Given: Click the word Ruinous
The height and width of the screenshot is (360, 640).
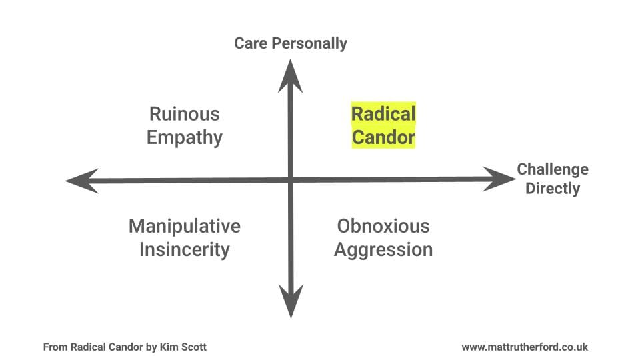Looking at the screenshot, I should tap(184, 114).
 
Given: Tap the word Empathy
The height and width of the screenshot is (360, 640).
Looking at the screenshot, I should tap(184, 138).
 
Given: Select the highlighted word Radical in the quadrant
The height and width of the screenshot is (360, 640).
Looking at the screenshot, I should tap(383, 114).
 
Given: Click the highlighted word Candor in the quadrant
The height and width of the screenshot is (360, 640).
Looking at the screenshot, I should tap(383, 138).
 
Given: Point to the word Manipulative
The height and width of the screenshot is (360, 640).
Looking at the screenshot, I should tap(184, 226).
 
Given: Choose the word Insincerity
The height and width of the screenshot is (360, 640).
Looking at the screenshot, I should tap(184, 250).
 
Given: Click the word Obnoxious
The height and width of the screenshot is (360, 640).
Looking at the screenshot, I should tap(383, 226).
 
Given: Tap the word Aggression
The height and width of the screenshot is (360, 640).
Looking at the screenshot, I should tap(383, 250).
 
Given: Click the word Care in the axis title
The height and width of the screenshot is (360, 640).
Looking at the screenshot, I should tap(251, 44).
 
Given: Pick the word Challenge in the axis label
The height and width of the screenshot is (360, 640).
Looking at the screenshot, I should tap(553, 169).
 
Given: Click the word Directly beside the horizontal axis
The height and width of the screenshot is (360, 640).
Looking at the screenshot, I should tap(553, 189).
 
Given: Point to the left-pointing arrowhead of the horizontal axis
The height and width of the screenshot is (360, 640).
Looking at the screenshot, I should tap(81, 181).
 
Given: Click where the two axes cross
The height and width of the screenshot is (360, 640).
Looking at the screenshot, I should tap(291, 179).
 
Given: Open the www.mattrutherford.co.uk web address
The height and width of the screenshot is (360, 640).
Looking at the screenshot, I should tap(525, 347).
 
